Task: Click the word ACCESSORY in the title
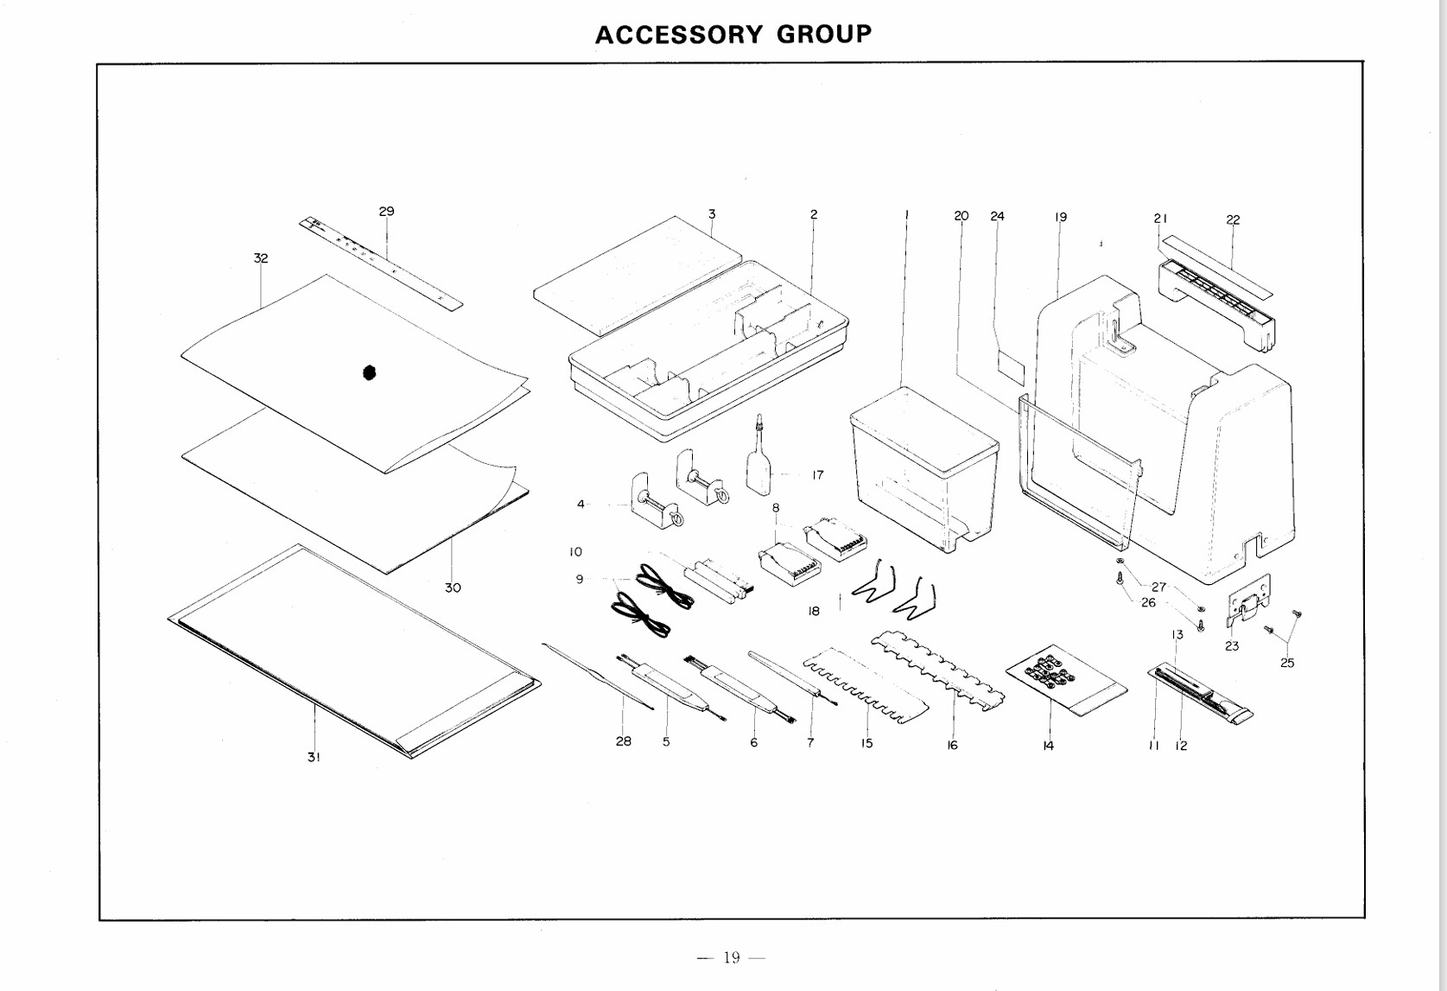click(679, 35)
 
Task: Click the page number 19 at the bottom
click(732, 956)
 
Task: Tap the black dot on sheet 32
click(370, 372)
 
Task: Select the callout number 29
click(386, 211)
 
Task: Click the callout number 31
click(314, 757)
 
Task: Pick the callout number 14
click(1048, 746)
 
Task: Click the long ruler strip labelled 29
click(381, 263)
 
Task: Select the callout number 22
click(1233, 219)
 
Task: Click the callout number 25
click(1287, 663)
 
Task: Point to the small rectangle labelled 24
click(1010, 367)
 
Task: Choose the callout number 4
click(581, 504)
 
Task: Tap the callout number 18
click(813, 611)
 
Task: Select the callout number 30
click(453, 588)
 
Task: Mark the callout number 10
click(575, 551)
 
